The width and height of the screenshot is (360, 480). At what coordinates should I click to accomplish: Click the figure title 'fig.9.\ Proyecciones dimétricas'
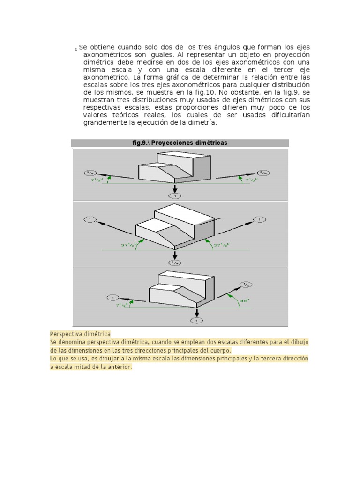tap(180, 143)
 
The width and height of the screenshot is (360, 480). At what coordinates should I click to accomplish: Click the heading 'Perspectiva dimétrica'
tap(80, 334)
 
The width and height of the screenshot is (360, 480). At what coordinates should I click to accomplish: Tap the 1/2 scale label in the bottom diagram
tap(247, 284)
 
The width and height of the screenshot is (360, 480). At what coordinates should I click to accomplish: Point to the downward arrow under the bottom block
tap(196, 312)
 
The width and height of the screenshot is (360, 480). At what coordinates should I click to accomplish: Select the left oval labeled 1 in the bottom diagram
tap(113, 297)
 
